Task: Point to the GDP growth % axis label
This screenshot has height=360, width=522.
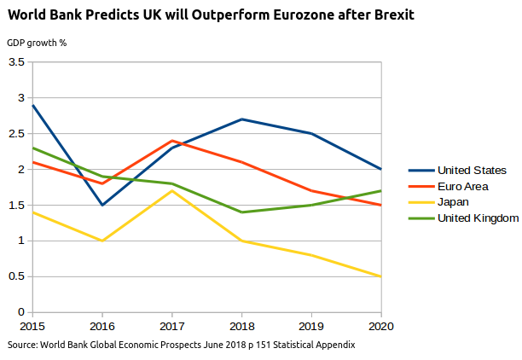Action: [37, 44]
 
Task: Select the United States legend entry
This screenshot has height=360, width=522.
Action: [472, 170]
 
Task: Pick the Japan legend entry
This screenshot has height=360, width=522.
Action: [453, 202]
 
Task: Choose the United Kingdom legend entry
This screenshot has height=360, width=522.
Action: [478, 218]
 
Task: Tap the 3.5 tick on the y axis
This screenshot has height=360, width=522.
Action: [16, 62]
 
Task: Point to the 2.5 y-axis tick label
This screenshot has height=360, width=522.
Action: [16, 134]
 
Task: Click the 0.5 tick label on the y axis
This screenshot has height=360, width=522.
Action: [16, 276]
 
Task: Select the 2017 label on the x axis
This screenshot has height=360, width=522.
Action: [171, 326]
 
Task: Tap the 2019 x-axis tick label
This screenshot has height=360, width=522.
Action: [311, 326]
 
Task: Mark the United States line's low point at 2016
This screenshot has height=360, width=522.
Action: [102, 205]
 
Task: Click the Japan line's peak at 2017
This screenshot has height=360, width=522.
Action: [172, 190]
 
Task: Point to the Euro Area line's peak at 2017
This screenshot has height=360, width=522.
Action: [172, 141]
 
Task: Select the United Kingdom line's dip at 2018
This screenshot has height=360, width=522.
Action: [241, 212]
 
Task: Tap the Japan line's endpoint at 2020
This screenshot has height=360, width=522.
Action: [380, 276]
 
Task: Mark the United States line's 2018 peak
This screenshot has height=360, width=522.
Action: [241, 119]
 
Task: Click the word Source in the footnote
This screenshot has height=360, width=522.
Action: [22, 345]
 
